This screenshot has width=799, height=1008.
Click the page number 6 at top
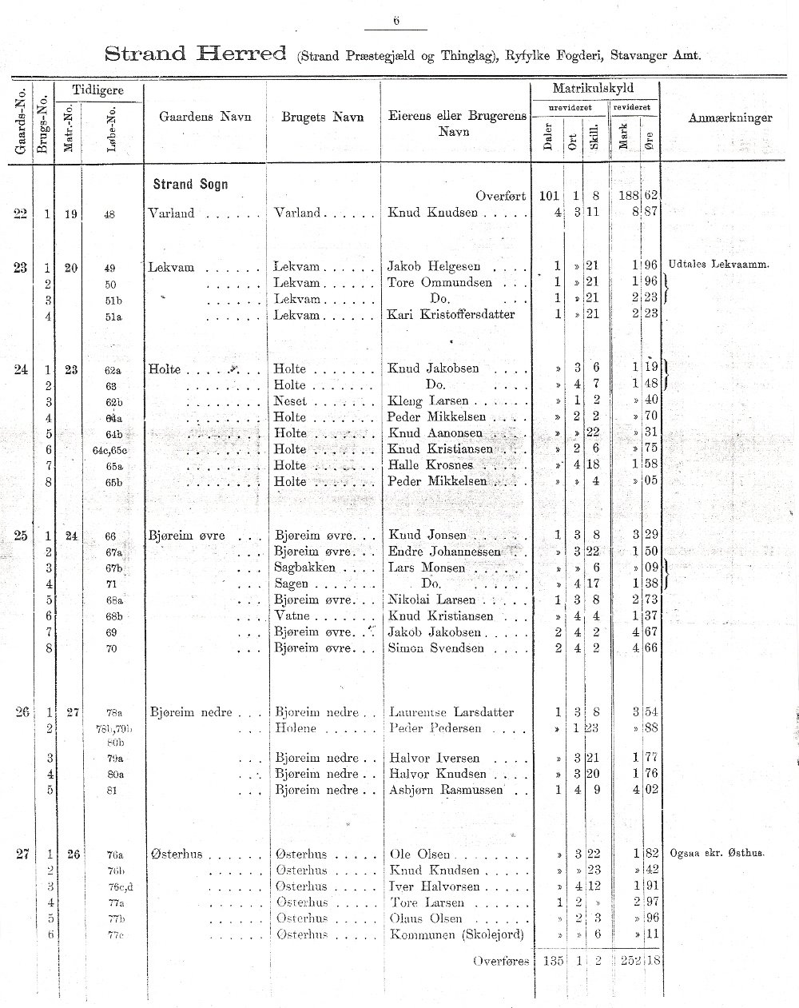(x=396, y=22)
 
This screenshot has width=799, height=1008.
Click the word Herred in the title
(x=242, y=54)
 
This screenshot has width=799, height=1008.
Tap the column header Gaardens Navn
(x=205, y=117)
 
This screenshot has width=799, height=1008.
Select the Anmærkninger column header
(x=729, y=118)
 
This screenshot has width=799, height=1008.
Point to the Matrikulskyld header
(x=594, y=88)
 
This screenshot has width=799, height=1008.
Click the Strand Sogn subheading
(x=190, y=185)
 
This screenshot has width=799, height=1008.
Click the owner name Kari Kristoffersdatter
(x=451, y=315)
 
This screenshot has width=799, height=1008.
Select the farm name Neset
(x=289, y=401)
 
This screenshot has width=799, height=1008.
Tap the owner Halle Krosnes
(x=431, y=465)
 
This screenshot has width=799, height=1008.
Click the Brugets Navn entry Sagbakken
(x=304, y=568)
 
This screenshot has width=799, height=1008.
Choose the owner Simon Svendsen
(x=435, y=648)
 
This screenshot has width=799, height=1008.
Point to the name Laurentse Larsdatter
(x=451, y=712)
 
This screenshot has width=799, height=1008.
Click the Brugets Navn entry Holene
(x=295, y=728)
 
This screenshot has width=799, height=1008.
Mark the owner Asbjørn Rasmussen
(x=446, y=791)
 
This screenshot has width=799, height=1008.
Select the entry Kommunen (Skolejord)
(x=456, y=934)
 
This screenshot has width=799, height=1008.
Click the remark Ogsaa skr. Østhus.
(x=718, y=853)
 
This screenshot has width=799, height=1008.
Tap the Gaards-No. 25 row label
(x=22, y=536)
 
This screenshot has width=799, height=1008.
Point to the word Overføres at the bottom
(x=500, y=961)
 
